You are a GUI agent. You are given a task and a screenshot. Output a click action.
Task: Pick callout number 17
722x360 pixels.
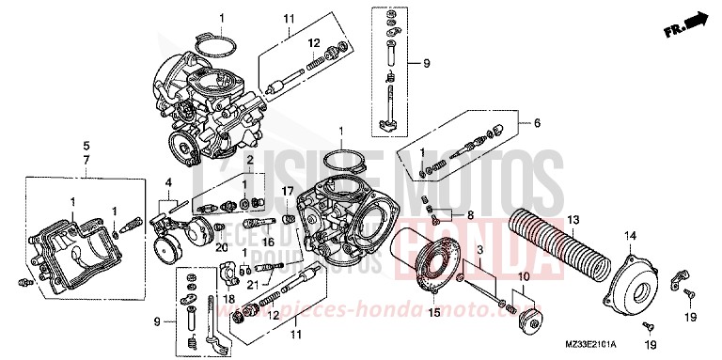click(x=290, y=192)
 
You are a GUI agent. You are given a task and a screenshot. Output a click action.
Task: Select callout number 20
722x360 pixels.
click(x=222, y=248)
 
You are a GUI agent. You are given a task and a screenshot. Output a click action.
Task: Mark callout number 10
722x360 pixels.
click(x=524, y=278)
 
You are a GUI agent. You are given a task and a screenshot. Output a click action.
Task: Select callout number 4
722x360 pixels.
click(x=168, y=181)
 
